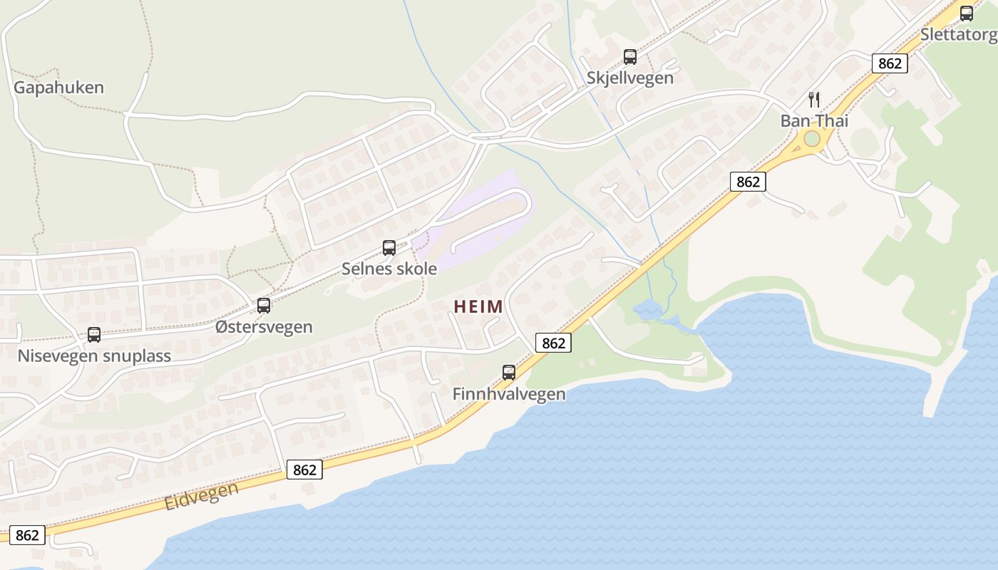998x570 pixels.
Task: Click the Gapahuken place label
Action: click(58, 88)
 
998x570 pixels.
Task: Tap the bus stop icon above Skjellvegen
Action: click(630, 57)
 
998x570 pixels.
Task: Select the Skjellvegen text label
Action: click(630, 78)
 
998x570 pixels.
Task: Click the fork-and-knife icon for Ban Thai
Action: click(814, 100)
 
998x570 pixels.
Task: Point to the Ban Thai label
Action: click(814, 120)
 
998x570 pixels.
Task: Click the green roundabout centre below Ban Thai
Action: click(812, 139)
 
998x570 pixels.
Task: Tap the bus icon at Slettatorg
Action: click(967, 14)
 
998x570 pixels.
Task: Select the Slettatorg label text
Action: click(959, 34)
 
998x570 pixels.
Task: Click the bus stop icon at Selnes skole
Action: click(389, 248)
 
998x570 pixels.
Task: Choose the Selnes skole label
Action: click(389, 269)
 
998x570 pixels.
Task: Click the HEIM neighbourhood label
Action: click(478, 307)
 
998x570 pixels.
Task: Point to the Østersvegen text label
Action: click(264, 327)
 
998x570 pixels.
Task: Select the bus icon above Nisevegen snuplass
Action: click(94, 335)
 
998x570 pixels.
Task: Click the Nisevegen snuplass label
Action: click(94, 356)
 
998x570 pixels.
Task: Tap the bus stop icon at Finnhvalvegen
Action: click(509, 373)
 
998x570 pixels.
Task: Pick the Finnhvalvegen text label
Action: click(509, 394)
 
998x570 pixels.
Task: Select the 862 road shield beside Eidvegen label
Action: click(304, 470)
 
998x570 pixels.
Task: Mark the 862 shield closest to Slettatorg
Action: click(890, 63)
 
